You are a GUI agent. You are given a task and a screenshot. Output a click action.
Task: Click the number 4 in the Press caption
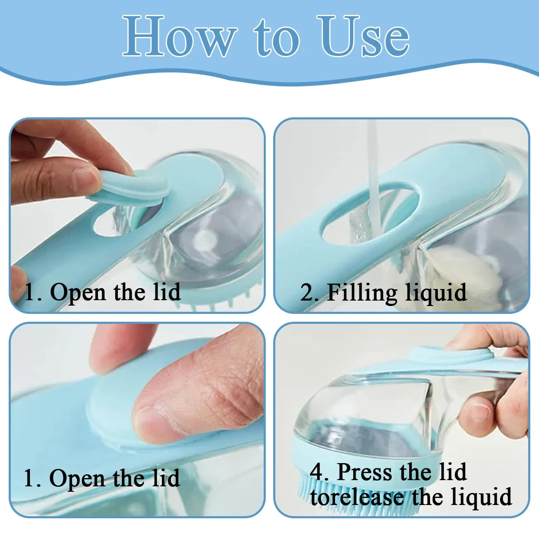pos(317,472)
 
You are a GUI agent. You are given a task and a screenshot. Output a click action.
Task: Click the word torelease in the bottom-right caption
pos(357,497)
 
